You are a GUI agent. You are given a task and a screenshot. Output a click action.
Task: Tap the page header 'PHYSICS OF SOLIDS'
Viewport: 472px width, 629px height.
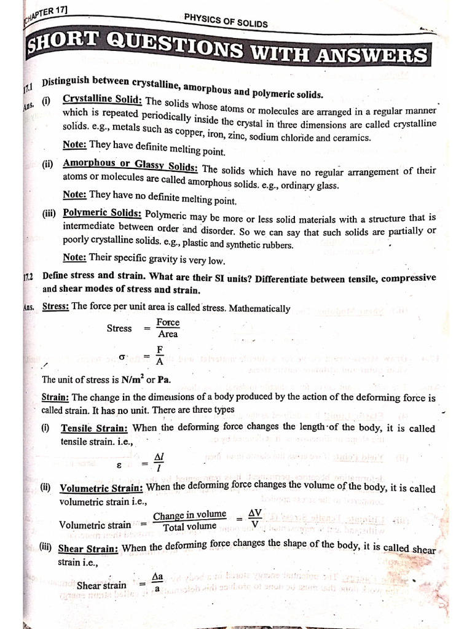coord(226,20)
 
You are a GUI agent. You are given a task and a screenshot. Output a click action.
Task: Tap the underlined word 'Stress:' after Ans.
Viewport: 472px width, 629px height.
coord(55,306)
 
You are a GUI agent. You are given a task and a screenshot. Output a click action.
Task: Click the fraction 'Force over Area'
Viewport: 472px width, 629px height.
coord(167,328)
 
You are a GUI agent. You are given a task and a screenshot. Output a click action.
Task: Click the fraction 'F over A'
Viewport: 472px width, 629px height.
coord(160,355)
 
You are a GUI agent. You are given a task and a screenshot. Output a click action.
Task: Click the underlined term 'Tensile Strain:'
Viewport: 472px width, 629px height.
coord(95,428)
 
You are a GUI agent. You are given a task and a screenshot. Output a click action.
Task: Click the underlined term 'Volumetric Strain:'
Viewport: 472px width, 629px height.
coord(101,488)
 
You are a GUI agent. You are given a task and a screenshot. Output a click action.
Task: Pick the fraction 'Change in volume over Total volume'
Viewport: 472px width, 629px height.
coord(189,520)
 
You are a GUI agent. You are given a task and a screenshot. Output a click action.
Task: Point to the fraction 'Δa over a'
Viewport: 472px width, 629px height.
coord(157,582)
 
